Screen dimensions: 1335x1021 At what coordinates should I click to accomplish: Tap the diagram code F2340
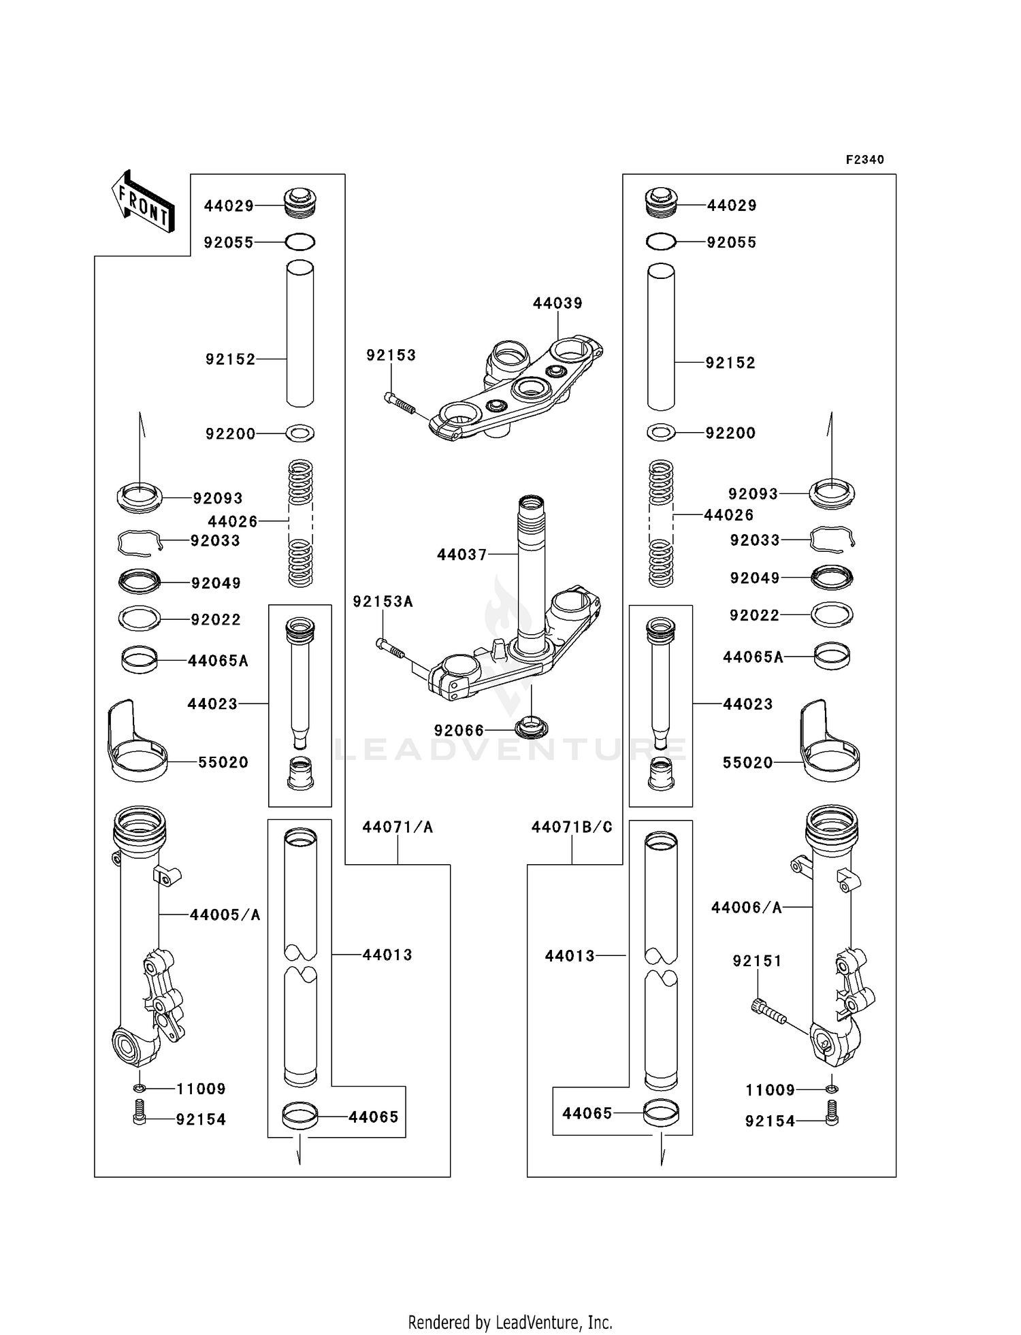(864, 160)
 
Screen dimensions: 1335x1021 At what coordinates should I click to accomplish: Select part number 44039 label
(557, 303)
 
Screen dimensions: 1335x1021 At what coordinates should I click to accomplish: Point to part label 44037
(462, 555)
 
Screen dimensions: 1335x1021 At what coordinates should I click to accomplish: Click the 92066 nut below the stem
(532, 726)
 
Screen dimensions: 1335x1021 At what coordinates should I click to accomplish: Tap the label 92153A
(383, 601)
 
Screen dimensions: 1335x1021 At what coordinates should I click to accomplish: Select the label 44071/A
(398, 827)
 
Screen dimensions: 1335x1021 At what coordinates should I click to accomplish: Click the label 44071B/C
(572, 827)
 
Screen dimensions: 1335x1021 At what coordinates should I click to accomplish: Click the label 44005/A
(225, 915)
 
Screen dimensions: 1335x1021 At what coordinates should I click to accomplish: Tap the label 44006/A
(746, 907)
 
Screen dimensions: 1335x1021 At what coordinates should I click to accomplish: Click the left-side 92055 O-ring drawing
(299, 242)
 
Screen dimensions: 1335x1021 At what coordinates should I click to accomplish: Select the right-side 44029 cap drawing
(660, 202)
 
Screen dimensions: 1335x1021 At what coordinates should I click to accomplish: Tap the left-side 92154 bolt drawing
(139, 1119)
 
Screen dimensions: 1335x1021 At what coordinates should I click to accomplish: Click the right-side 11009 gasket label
(770, 1090)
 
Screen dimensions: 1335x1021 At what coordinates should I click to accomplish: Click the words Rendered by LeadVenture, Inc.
(510, 1322)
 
